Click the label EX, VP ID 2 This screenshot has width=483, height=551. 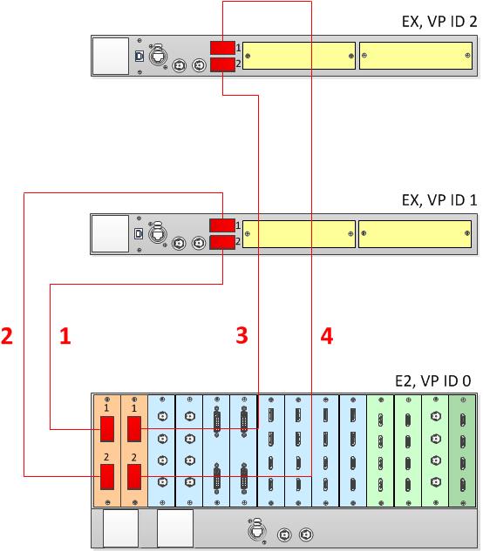point(439,22)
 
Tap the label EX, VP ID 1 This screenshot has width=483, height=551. point(439,200)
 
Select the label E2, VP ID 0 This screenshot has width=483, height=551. point(432,381)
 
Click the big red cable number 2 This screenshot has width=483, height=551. point(7,336)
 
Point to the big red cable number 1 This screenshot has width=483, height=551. point(65,336)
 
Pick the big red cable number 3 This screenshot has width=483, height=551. point(241,335)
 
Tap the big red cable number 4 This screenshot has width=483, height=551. point(327,336)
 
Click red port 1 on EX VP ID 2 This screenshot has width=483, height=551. point(222,48)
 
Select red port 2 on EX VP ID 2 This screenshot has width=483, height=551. point(222,65)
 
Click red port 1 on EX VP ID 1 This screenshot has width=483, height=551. point(222,225)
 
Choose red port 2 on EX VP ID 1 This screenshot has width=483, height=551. point(222,243)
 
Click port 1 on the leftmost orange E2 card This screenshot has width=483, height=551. point(107,429)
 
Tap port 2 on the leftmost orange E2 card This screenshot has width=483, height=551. point(107,477)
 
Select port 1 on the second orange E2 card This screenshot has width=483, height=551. point(134,429)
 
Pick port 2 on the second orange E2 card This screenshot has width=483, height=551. point(134,477)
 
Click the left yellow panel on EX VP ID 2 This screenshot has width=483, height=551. point(299,56)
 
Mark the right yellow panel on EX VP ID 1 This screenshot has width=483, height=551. point(415,234)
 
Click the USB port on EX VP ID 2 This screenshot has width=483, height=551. point(139,57)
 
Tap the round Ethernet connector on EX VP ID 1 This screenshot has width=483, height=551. point(158,233)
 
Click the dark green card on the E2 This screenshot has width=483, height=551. point(463,451)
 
